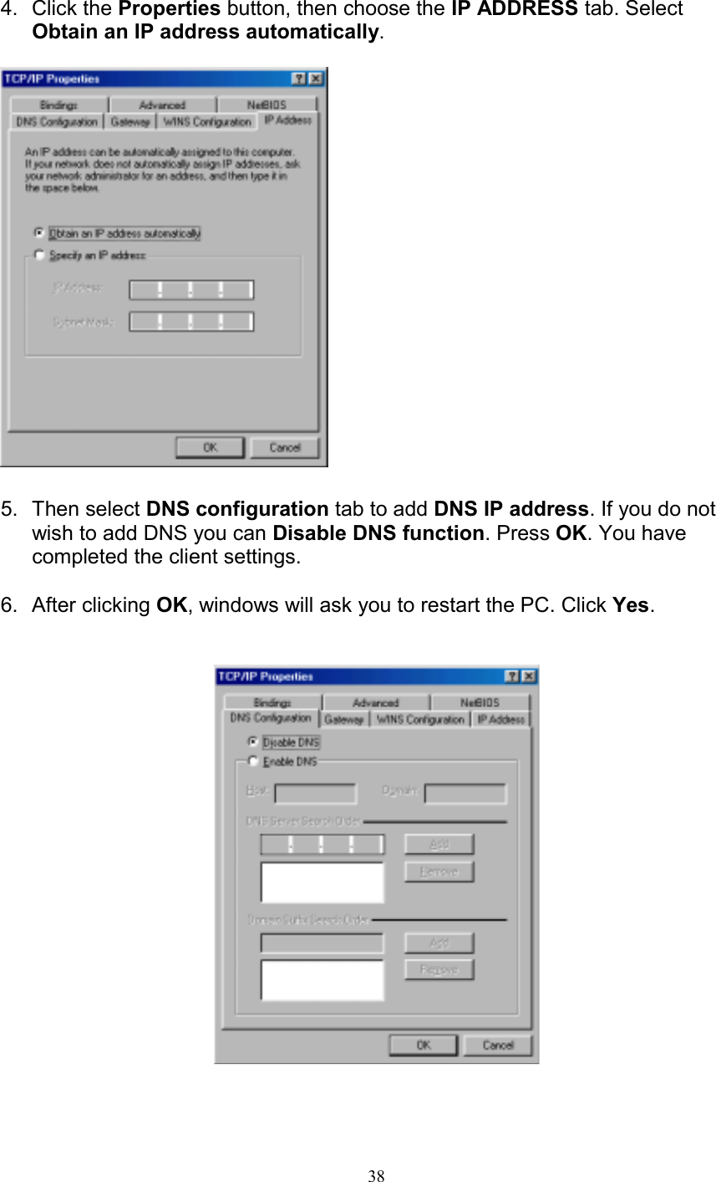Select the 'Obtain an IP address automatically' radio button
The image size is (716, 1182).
(x=39, y=233)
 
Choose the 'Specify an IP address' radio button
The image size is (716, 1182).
(x=39, y=255)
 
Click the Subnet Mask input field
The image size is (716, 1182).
(x=190, y=322)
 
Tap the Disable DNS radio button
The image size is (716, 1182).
(x=252, y=741)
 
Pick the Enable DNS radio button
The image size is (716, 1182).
(x=252, y=762)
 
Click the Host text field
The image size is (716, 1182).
(x=315, y=792)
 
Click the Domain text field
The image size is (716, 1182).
(x=465, y=792)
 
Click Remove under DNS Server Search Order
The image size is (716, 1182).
(x=439, y=872)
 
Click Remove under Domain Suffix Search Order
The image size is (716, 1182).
(x=439, y=970)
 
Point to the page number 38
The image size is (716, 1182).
(x=377, y=1176)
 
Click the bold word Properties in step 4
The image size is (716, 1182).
(x=170, y=9)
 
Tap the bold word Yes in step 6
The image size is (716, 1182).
(x=631, y=605)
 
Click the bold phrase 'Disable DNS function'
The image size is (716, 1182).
(x=378, y=533)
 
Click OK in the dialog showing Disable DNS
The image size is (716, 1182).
(x=423, y=1045)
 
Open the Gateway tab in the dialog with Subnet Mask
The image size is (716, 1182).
(x=130, y=122)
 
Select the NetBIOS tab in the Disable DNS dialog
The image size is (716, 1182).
(x=480, y=703)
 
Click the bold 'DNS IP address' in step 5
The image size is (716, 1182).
(x=511, y=509)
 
